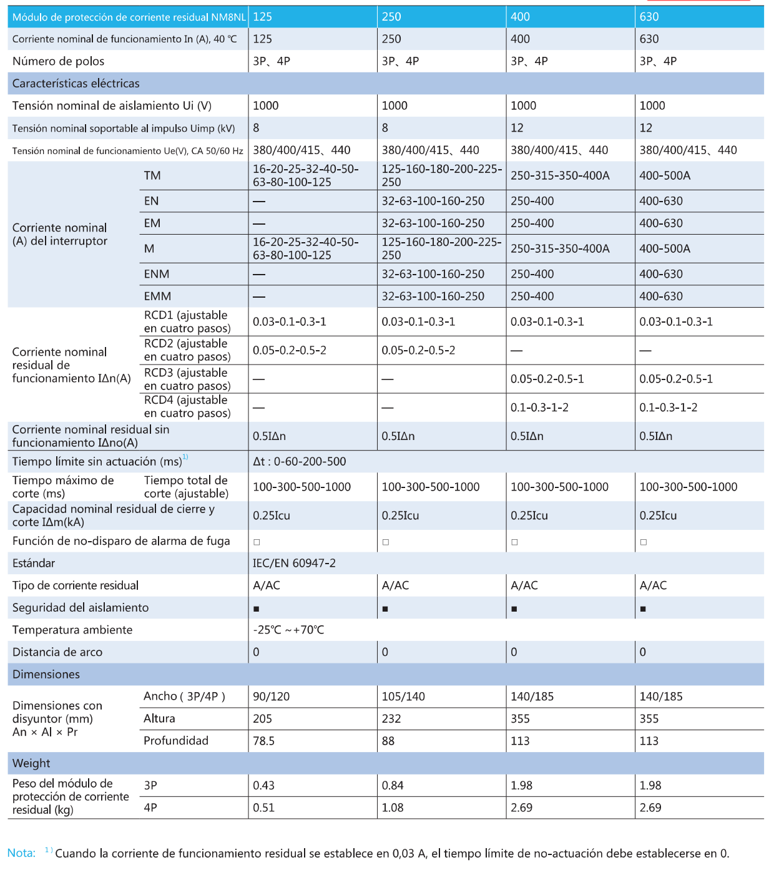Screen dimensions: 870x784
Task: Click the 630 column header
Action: [x=649, y=17]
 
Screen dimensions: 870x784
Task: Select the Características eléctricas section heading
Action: [x=76, y=84]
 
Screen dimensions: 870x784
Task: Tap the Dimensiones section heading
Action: [x=46, y=675]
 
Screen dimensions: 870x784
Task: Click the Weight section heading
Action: [x=31, y=763]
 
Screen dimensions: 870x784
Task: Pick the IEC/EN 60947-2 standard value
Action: [x=294, y=564]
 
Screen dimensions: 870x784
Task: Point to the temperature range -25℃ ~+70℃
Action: [x=288, y=630]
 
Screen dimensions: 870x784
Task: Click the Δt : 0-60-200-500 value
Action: [x=299, y=462]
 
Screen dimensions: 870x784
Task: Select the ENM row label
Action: [x=157, y=274]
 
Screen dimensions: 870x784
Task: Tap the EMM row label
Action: [x=157, y=296]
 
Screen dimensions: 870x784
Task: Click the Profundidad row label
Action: [x=176, y=741]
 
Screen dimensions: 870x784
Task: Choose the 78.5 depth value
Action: [x=263, y=741]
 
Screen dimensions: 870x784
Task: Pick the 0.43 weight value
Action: [x=263, y=786]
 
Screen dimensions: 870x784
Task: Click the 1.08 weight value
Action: [x=393, y=808]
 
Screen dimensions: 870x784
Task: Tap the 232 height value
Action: [x=391, y=719]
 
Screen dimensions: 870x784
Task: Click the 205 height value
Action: [x=262, y=719]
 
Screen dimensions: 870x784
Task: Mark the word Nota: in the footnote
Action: [x=21, y=853]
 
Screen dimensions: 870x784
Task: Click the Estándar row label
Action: [x=34, y=564]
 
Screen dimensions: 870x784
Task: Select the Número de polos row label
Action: [x=58, y=61]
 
